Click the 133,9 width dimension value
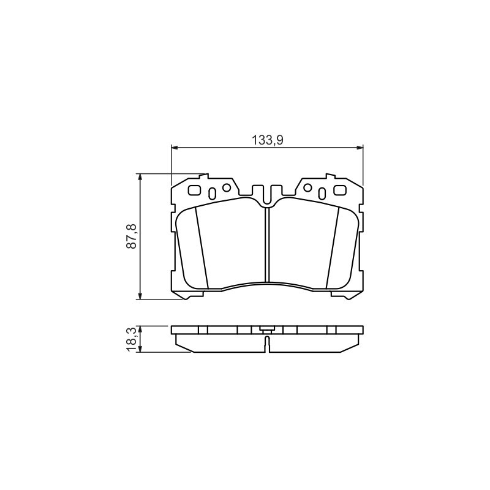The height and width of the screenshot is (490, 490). [x=268, y=140]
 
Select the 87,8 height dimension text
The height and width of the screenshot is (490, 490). [x=132, y=236]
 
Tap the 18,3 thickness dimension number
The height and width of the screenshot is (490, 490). [x=132, y=339]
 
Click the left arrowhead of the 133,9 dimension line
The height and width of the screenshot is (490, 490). [x=175, y=147]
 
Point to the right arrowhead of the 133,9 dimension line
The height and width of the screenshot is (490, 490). [x=360, y=147]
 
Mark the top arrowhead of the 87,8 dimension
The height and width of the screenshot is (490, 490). [x=140, y=177]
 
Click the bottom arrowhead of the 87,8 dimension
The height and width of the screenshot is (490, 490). [x=140, y=296]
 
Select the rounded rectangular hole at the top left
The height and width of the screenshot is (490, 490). [x=195, y=190]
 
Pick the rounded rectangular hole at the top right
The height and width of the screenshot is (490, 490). [x=340, y=190]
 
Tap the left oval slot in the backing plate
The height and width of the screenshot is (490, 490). [x=212, y=194]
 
